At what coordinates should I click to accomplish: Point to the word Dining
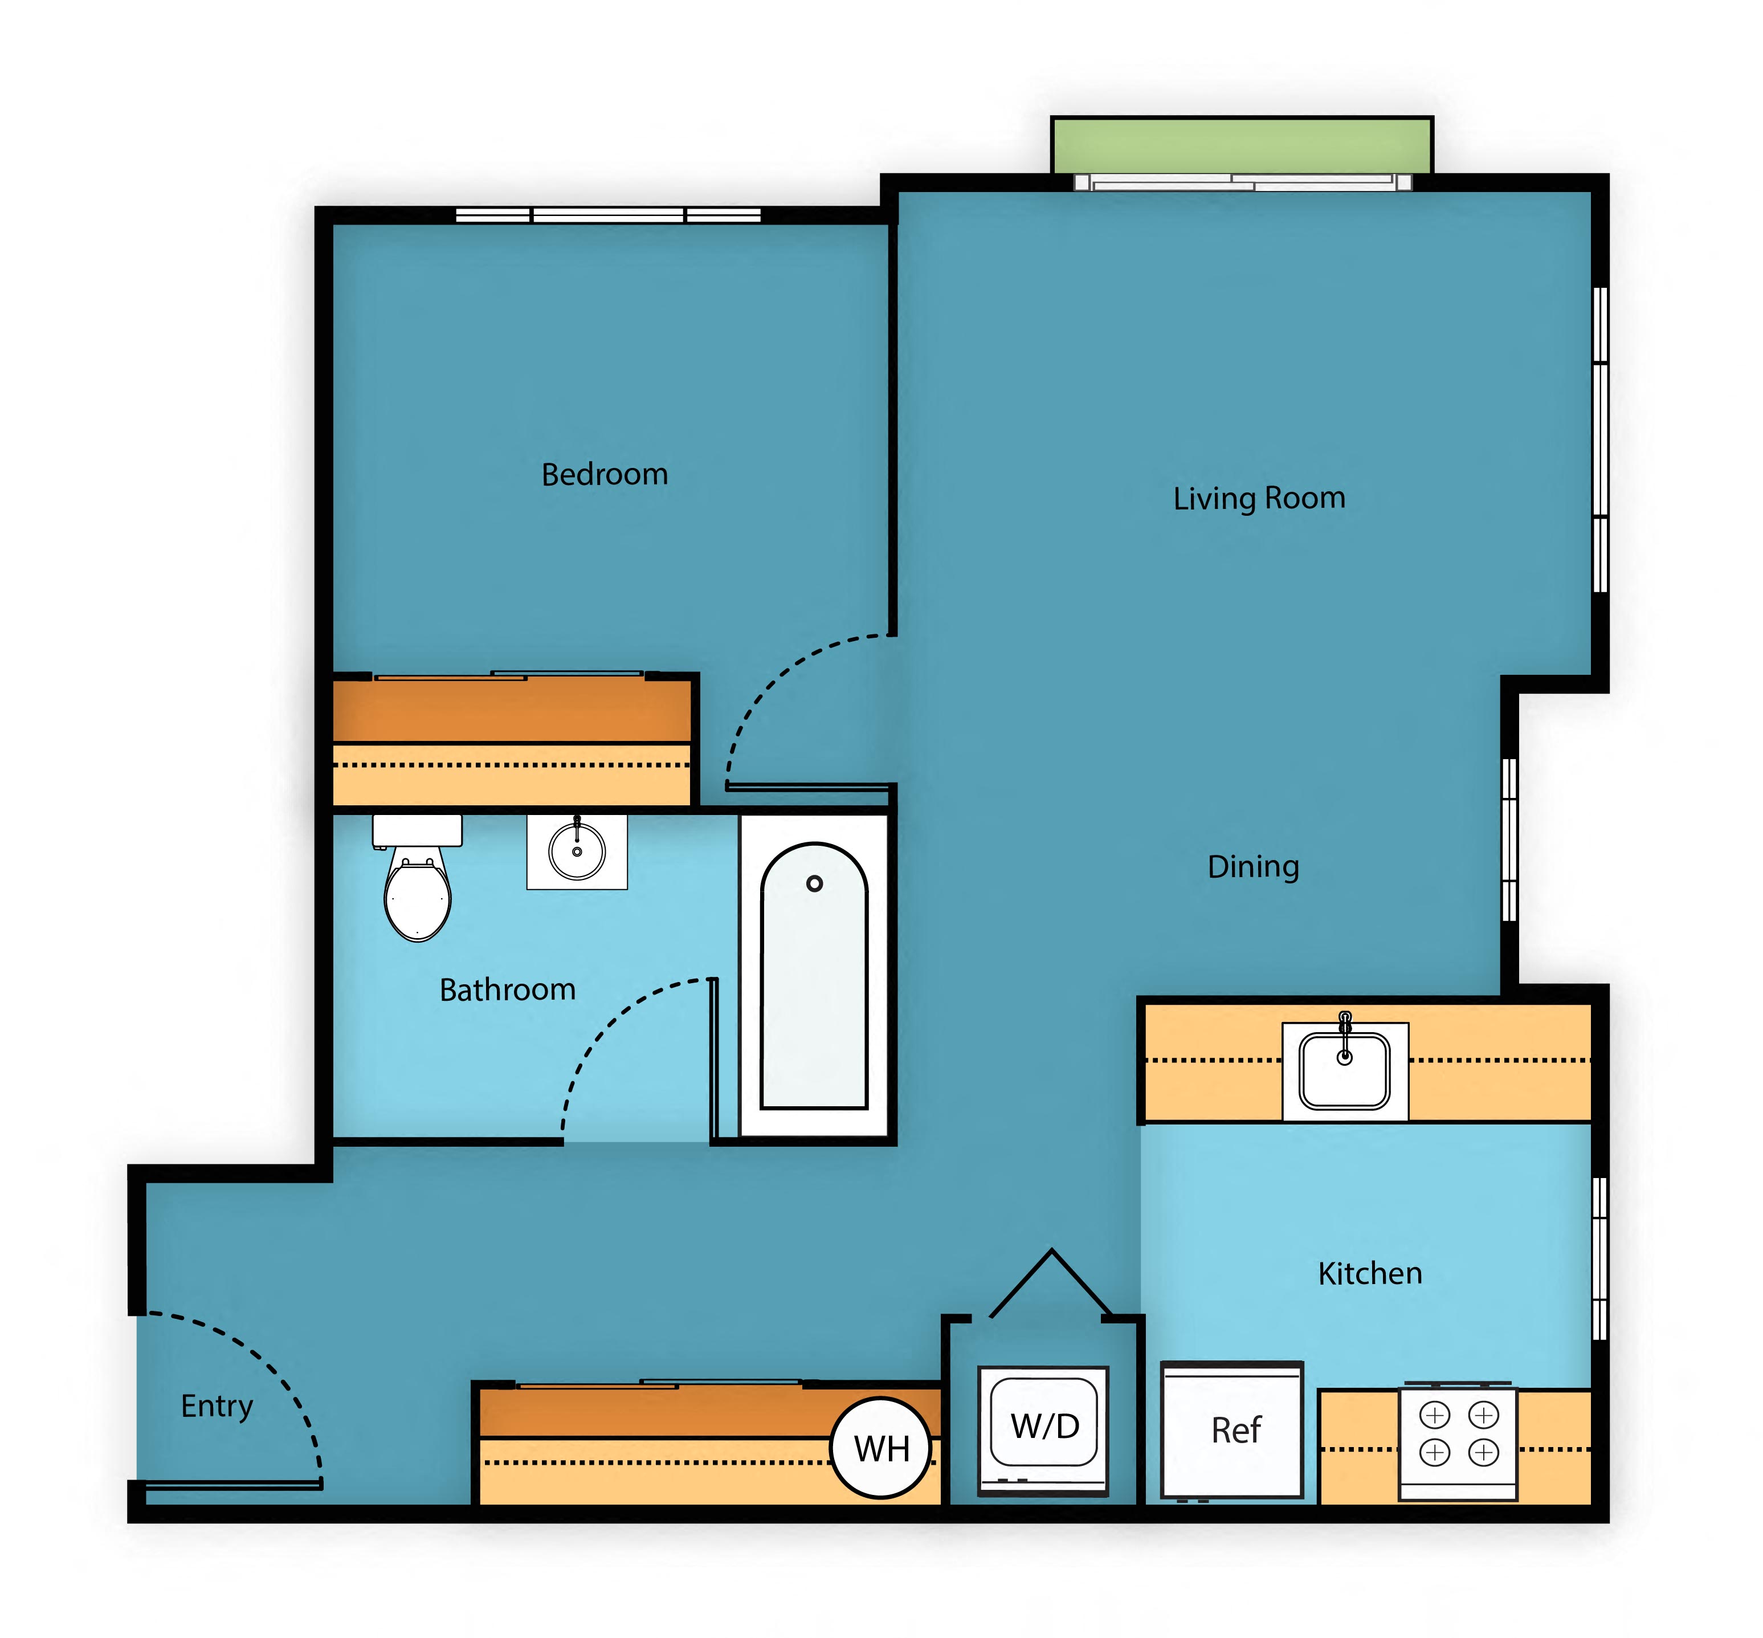pos(1252,866)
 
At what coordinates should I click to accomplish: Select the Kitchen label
pos(1369,1274)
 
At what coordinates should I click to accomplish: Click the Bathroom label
pos(507,989)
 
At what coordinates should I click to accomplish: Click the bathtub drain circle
pos(814,883)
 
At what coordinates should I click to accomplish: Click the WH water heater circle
pos(881,1448)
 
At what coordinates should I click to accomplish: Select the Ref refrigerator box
pos(1231,1431)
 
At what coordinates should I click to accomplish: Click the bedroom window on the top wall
pos(608,214)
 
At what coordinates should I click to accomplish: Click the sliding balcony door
pos(1241,182)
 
